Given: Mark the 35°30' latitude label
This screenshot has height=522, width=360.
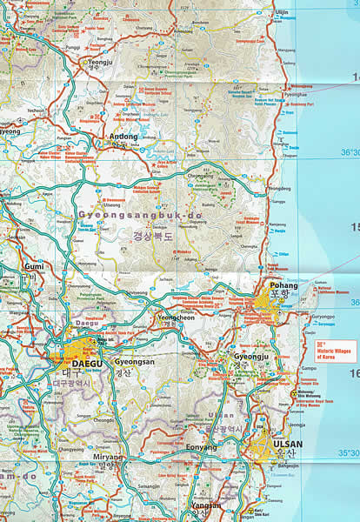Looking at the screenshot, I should pos(347,452).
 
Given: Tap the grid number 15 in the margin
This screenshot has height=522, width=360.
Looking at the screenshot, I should pos(353,227).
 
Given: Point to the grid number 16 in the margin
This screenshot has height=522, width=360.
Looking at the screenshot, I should pos(353,373).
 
